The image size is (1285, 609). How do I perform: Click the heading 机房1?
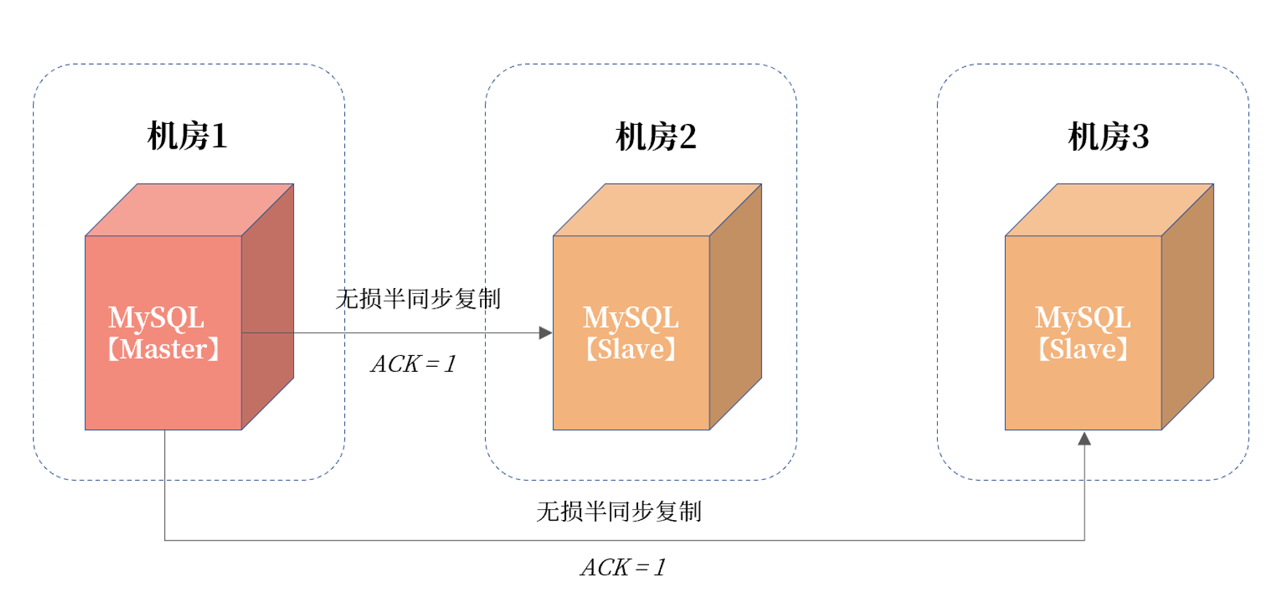click(x=187, y=136)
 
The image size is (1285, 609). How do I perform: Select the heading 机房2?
click(x=656, y=136)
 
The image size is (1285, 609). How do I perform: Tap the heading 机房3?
click(x=1108, y=136)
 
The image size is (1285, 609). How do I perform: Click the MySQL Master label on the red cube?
click(x=163, y=333)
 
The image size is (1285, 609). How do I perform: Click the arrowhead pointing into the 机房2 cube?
click(x=546, y=333)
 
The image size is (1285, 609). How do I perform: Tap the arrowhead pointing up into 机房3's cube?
click(x=1084, y=438)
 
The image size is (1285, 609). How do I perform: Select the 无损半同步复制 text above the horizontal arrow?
click(x=418, y=298)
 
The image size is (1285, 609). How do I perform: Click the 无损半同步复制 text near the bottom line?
click(x=618, y=511)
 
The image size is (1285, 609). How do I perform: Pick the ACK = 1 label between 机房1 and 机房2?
click(x=414, y=363)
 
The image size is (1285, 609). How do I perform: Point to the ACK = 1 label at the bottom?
click(x=623, y=567)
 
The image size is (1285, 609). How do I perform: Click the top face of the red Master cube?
click(x=190, y=210)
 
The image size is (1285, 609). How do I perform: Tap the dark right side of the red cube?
click(x=268, y=306)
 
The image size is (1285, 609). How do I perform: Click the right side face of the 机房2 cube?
click(x=736, y=306)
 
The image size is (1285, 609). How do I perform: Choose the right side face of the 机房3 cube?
click(x=1188, y=306)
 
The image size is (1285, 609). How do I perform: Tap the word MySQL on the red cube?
click(x=156, y=318)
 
